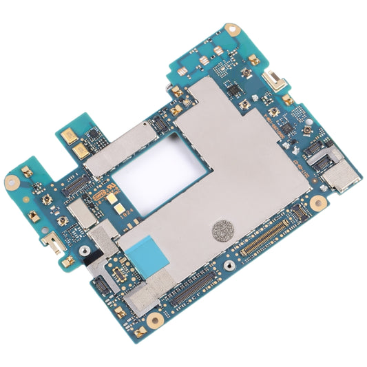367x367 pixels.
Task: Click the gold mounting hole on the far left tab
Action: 12,182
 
